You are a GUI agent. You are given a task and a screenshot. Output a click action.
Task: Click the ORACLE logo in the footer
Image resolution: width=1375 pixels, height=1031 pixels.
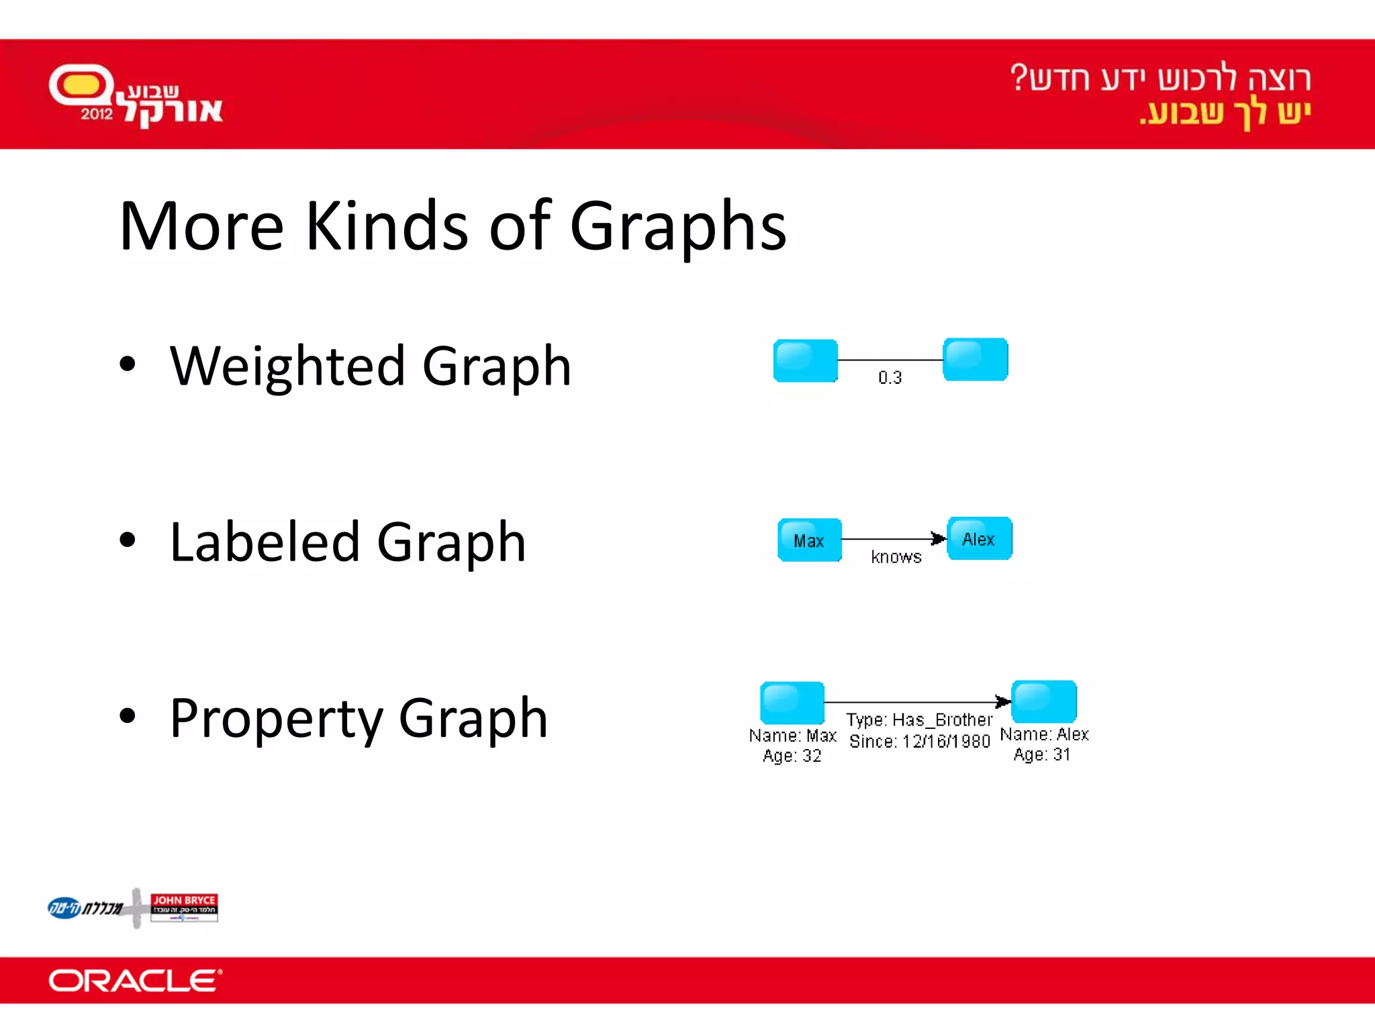(x=135, y=981)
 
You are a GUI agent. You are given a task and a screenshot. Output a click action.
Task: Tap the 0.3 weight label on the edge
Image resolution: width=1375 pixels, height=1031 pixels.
(x=890, y=378)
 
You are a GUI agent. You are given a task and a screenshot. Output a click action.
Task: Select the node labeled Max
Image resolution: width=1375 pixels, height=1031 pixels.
(x=809, y=540)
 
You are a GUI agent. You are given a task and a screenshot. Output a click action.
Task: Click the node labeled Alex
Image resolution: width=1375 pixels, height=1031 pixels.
(x=979, y=539)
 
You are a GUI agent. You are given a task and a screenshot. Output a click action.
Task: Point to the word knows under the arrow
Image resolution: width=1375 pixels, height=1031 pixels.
(x=896, y=557)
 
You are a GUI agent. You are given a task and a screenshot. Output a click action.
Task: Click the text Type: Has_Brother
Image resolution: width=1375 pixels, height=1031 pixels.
(x=919, y=720)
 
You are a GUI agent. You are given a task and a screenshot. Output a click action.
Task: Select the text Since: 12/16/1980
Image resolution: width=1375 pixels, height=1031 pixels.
(x=919, y=742)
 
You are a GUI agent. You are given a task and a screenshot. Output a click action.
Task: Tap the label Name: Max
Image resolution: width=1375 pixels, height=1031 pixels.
(x=792, y=736)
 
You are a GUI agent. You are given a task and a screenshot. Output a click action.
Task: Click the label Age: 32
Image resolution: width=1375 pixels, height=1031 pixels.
(x=792, y=756)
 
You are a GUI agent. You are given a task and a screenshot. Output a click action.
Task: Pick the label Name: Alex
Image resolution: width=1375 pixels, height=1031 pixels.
(x=1044, y=734)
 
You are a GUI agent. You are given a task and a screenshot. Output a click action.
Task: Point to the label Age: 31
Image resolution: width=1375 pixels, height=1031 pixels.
(x=1041, y=754)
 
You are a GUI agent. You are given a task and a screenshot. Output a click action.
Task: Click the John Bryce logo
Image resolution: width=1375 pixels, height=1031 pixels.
(x=184, y=907)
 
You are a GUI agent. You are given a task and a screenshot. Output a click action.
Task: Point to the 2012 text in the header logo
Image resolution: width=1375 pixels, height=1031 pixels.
(x=97, y=114)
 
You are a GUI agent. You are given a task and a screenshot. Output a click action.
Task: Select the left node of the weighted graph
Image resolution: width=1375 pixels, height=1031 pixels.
(x=805, y=360)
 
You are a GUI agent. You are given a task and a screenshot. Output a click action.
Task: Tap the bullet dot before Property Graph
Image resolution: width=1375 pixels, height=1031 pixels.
(x=127, y=716)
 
